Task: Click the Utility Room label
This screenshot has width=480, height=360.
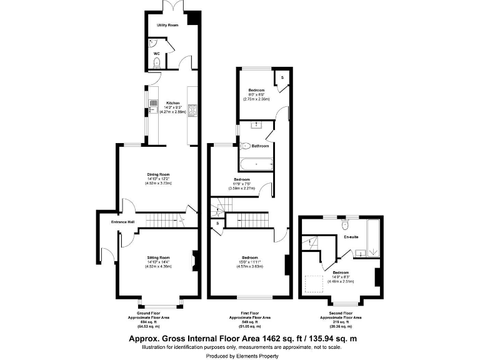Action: coord(167,25)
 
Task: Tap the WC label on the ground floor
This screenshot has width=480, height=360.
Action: coord(157,54)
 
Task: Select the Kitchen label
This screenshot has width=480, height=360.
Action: coord(172,102)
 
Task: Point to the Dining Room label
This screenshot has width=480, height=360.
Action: coord(159,174)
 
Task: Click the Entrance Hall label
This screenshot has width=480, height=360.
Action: coord(124,222)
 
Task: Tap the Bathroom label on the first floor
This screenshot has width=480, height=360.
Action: coord(261,146)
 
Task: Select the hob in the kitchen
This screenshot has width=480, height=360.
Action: coord(192,112)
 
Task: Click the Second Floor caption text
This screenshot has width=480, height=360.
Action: coord(341,313)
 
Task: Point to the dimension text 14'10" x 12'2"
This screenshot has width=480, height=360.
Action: coord(159,179)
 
